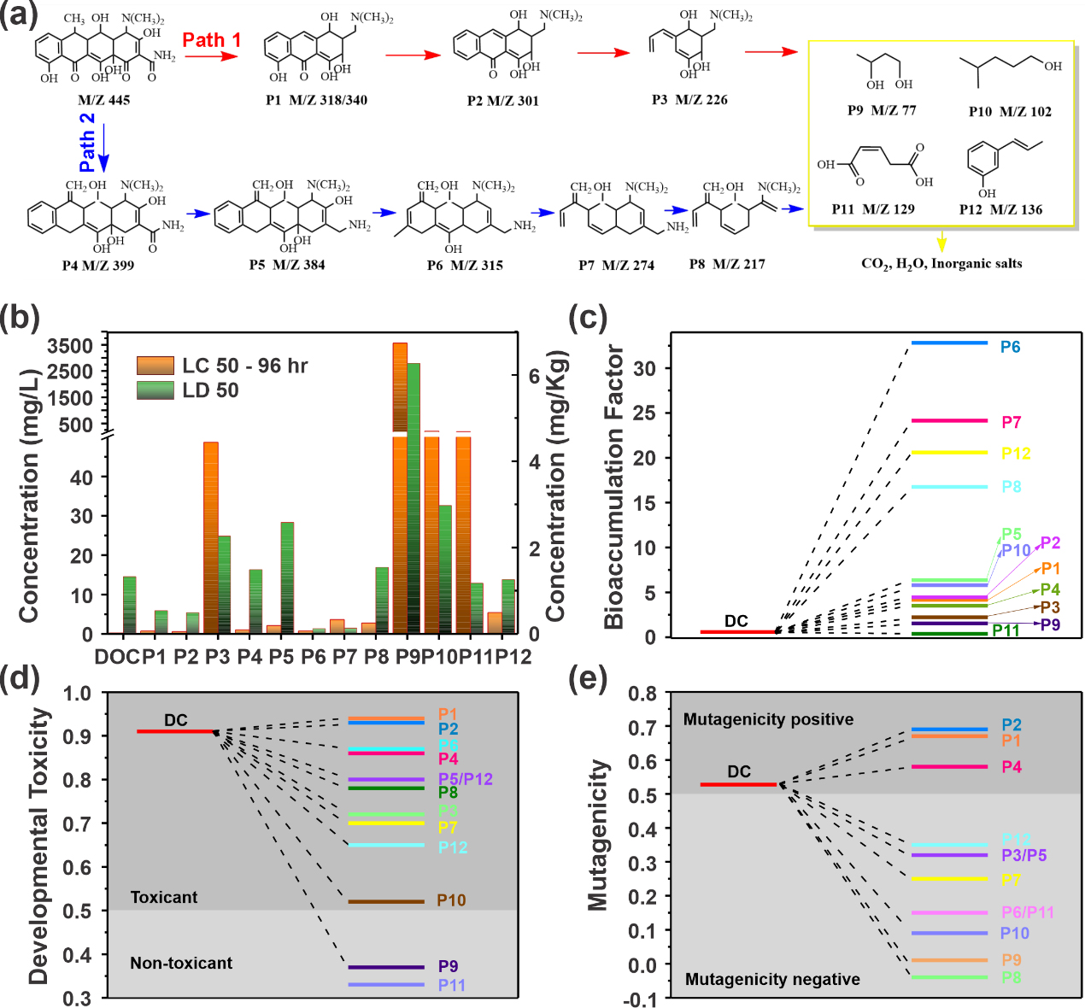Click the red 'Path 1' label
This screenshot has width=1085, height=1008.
pyautogui.click(x=212, y=40)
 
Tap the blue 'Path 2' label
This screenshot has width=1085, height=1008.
pyautogui.click(x=87, y=142)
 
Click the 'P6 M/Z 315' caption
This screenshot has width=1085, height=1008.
pyautogui.click(x=465, y=265)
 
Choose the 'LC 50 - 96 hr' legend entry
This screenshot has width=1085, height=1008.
pyautogui.click(x=244, y=366)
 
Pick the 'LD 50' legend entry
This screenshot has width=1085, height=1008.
pyautogui.click(x=210, y=390)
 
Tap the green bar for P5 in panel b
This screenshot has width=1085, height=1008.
pyautogui.click(x=287, y=577)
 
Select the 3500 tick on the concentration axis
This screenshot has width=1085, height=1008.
pyautogui.click(x=70, y=346)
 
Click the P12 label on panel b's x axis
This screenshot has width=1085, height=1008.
pyautogui.click(x=513, y=657)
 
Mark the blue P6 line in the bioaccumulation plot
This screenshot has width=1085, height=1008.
pyautogui.click(x=949, y=343)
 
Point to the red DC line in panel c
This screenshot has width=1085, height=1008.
pyautogui.click(x=736, y=632)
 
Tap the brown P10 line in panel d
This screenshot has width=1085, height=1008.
pyautogui.click(x=386, y=901)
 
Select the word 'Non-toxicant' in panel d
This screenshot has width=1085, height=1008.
pyautogui.click(x=181, y=963)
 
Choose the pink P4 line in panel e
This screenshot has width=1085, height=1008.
pyautogui.click(x=949, y=766)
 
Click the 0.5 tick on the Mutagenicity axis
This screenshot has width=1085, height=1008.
pyautogui.click(x=645, y=795)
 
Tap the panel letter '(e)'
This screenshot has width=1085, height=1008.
pyautogui.click(x=588, y=679)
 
